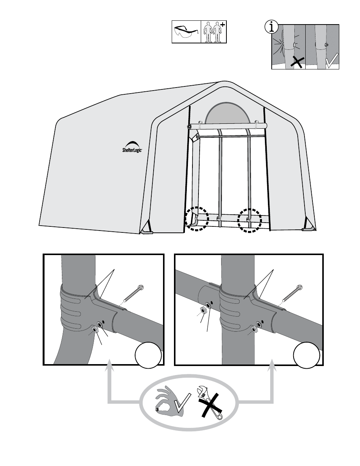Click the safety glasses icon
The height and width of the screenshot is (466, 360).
click(x=186, y=32)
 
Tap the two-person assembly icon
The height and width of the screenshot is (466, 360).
click(x=214, y=32)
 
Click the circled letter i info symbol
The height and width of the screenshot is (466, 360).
click(x=271, y=27)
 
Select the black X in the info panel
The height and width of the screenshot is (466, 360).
click(x=297, y=62)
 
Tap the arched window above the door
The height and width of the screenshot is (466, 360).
click(x=226, y=113)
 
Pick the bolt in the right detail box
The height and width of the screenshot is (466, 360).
click(x=292, y=293)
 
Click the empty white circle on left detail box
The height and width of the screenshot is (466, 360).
click(x=148, y=355)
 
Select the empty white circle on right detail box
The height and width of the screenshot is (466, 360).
click(x=307, y=355)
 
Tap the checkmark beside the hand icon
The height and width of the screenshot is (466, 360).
click(x=182, y=403)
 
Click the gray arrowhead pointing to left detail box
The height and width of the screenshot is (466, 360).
click(x=109, y=365)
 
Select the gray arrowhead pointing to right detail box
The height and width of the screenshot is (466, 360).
click(x=272, y=365)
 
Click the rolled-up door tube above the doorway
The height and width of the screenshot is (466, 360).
click(x=227, y=126)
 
